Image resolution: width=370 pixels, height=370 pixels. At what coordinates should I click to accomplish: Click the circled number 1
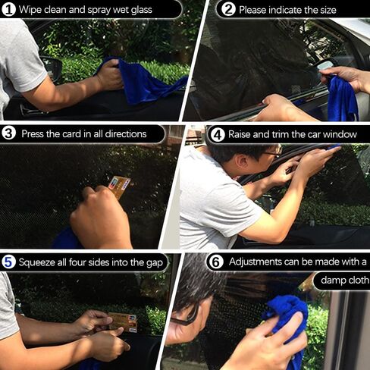[x=8, y=10]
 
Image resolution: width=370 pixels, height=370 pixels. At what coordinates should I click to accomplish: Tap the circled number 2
[x=228, y=10]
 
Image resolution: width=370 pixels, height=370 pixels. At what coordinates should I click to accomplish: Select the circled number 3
[x=8, y=133]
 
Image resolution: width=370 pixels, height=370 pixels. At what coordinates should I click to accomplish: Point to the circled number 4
[x=218, y=135]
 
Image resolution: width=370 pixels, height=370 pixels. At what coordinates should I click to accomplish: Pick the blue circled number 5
[x=8, y=262]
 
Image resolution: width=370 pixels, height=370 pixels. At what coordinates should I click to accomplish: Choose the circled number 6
[x=215, y=262]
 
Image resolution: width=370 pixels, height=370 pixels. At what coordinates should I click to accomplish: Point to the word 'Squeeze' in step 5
[x=37, y=262]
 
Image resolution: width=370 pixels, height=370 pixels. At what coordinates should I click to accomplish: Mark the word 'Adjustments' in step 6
[x=256, y=262]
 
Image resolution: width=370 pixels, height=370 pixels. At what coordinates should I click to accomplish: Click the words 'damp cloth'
[x=344, y=280]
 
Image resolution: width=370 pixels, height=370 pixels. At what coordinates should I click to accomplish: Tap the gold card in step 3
[x=119, y=187]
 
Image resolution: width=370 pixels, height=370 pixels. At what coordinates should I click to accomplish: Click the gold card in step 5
[x=123, y=322]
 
